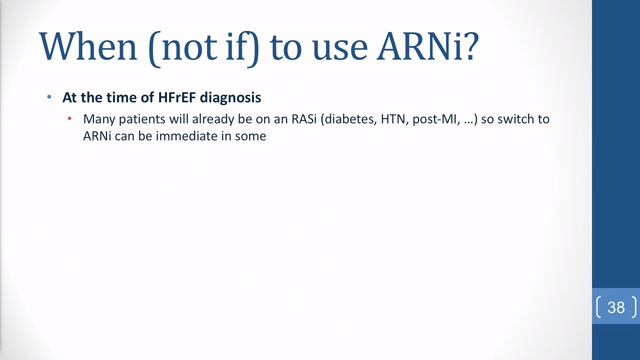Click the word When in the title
[x=88, y=46]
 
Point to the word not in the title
[x=189, y=48]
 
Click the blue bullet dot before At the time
[x=49, y=97]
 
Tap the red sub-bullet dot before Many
[x=69, y=118]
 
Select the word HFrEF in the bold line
[x=177, y=97]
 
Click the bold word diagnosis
[x=230, y=98]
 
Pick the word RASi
[x=304, y=119]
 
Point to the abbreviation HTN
[x=393, y=119]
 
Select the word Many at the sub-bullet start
[x=99, y=119]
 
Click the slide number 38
[x=616, y=307]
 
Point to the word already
[x=213, y=119]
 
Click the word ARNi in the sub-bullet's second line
[x=97, y=136]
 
